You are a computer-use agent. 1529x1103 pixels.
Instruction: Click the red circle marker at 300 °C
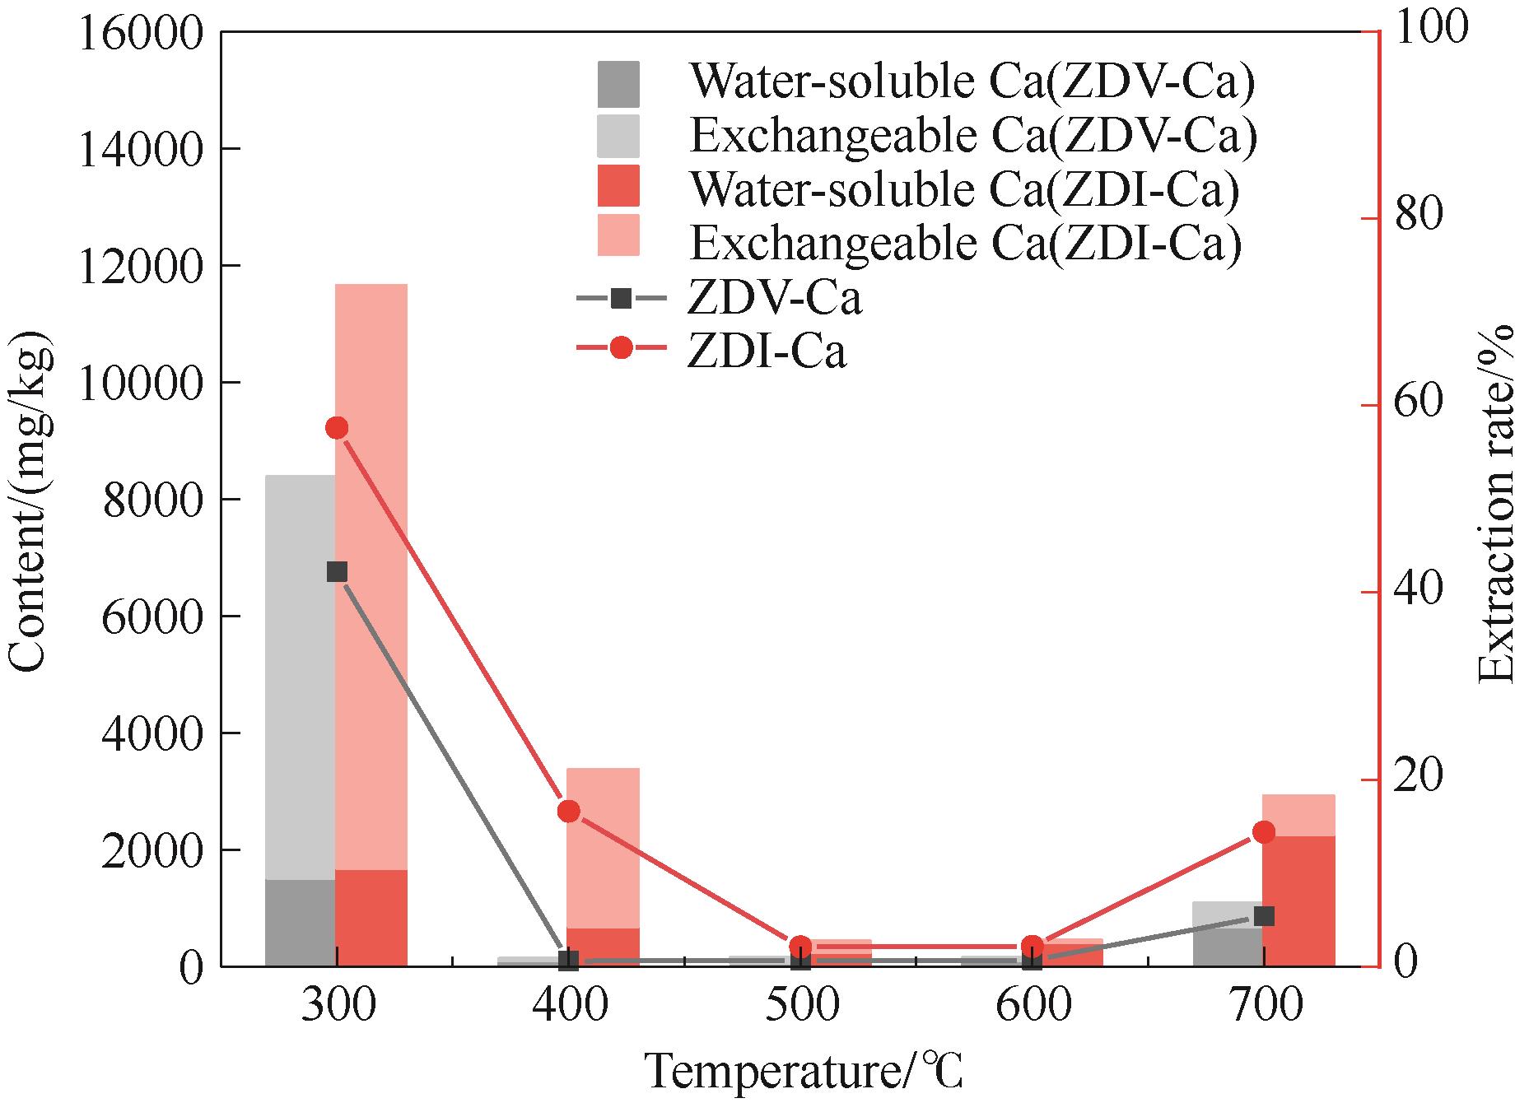pyautogui.click(x=337, y=428)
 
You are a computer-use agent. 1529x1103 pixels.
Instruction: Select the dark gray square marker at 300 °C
pyautogui.click(x=337, y=572)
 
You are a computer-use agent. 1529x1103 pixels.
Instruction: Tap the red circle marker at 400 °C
pyautogui.click(x=569, y=812)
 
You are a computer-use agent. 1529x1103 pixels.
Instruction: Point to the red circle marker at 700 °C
pyautogui.click(x=1264, y=832)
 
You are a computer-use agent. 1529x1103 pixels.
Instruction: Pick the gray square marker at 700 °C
pyautogui.click(x=1265, y=916)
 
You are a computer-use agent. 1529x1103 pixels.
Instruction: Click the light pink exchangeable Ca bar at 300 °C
pyautogui.click(x=371, y=576)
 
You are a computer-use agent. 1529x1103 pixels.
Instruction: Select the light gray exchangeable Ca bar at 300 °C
pyautogui.click(x=300, y=675)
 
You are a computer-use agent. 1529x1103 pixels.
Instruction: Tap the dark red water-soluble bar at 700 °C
pyautogui.click(x=1298, y=901)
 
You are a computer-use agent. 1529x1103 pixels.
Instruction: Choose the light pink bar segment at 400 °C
pyautogui.click(x=604, y=848)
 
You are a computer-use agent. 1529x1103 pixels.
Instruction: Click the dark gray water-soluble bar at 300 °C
pyautogui.click(x=300, y=923)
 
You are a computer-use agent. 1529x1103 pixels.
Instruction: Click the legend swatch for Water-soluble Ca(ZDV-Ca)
pyautogui.click(x=618, y=84)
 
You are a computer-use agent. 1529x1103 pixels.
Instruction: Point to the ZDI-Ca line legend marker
pyautogui.click(x=622, y=348)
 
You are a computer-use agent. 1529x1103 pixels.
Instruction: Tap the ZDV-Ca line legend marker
pyautogui.click(x=622, y=298)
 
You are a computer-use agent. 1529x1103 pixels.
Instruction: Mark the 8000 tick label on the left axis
pyautogui.click(x=152, y=500)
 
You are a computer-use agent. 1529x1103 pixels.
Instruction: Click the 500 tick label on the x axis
pyautogui.click(x=801, y=1006)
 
